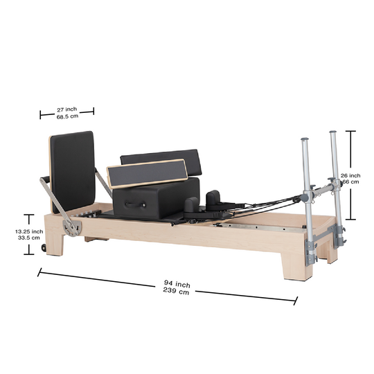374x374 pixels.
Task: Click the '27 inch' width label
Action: [66, 109]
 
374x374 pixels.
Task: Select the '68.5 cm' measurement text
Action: [66, 116]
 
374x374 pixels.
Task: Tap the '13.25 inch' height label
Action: [28, 231]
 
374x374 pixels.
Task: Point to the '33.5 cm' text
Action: [28, 239]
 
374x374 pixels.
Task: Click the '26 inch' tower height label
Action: [350, 176]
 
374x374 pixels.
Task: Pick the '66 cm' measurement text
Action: [350, 183]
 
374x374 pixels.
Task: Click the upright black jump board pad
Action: [73, 170]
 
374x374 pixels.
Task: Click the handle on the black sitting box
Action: [132, 204]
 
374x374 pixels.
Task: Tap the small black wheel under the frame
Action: [45, 248]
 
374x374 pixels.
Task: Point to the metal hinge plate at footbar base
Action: [67, 226]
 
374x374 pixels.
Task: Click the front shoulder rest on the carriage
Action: [190, 204]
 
